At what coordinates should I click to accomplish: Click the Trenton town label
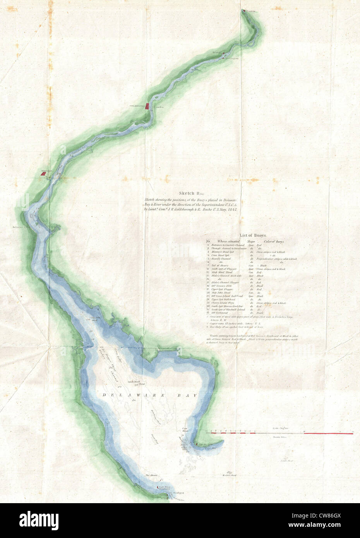pos(250,11)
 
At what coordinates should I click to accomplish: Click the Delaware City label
pos(21,228)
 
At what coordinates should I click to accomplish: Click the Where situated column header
pos(228,241)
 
